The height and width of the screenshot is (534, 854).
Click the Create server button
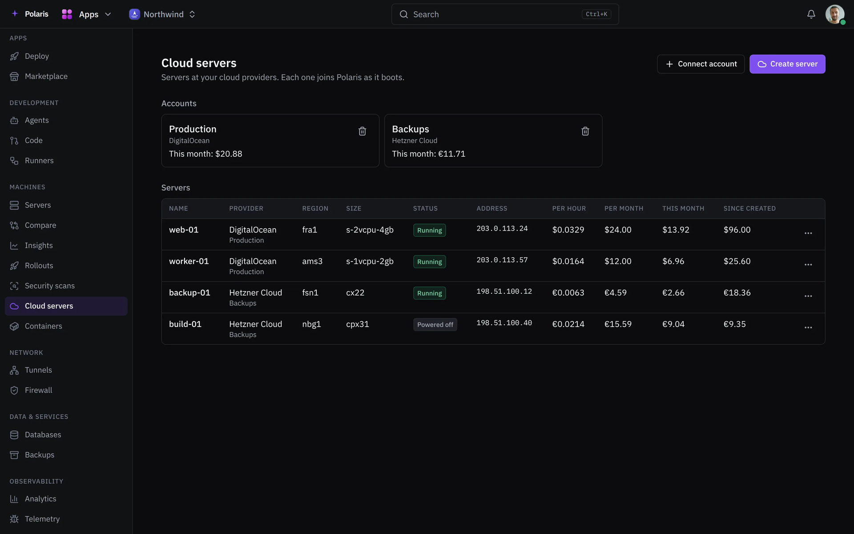click(787, 64)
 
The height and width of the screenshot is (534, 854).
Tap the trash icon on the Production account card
click(362, 131)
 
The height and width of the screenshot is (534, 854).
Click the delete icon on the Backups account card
click(585, 131)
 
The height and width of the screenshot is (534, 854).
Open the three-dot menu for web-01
click(808, 233)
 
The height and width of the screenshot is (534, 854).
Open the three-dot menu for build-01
click(808, 328)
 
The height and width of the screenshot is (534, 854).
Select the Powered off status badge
click(435, 325)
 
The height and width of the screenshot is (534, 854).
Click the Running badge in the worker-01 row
click(429, 262)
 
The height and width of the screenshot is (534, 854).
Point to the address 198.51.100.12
click(504, 291)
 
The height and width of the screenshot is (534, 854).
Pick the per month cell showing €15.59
click(618, 324)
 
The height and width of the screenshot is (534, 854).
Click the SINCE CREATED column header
click(749, 209)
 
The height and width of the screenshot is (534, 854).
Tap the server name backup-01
click(189, 293)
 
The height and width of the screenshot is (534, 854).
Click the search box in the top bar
click(505, 14)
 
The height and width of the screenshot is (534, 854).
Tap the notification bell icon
click(811, 14)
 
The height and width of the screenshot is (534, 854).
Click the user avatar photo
click(835, 14)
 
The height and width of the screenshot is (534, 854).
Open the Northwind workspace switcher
click(162, 14)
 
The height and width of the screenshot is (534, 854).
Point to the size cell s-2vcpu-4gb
click(370, 230)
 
